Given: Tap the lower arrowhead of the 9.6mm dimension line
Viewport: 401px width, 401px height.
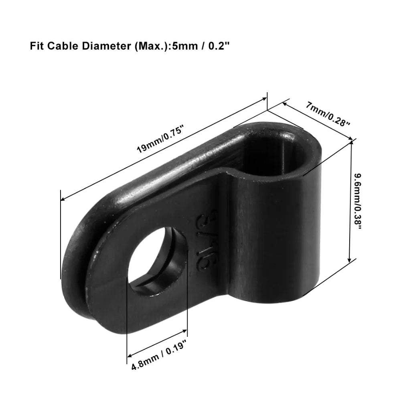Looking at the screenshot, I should pos(352,259).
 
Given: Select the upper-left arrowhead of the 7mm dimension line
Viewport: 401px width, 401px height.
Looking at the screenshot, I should pos(284,103).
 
